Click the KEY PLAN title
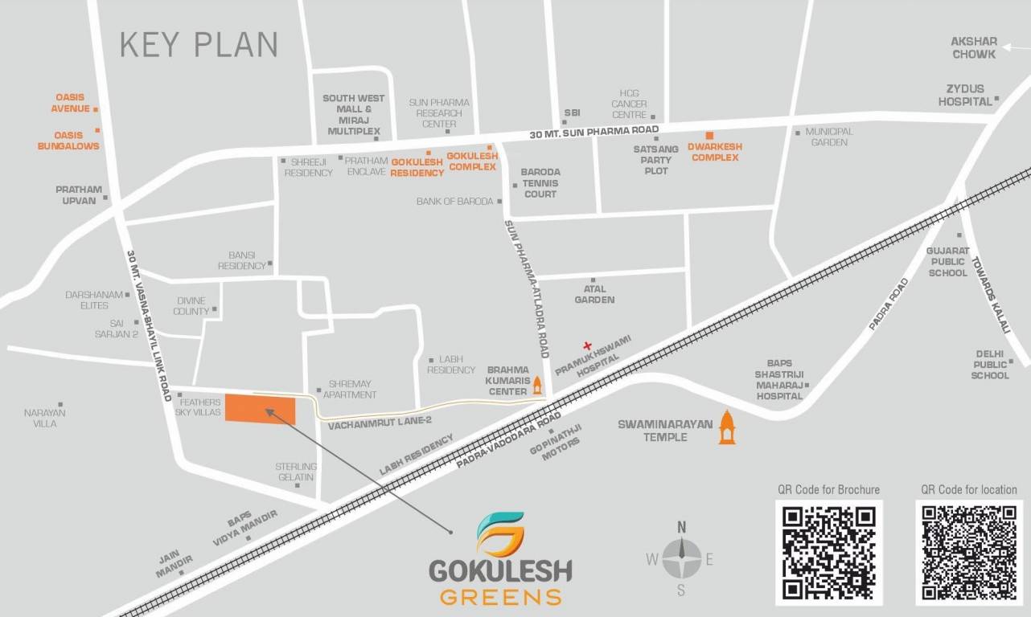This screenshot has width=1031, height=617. point(199,45)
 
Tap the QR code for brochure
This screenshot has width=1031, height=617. point(828,552)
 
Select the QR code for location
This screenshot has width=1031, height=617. point(969,552)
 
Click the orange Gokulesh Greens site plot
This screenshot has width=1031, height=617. point(260,409)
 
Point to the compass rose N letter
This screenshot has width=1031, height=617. point(681,527)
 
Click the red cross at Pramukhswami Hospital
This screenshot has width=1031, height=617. point(587,345)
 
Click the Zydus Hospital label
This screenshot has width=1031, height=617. point(965,96)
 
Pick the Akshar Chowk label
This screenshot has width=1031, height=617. point(974,47)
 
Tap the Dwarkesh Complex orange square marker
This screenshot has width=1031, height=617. point(709,135)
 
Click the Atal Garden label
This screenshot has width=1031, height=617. point(594,294)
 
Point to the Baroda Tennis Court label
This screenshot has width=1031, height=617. point(540,183)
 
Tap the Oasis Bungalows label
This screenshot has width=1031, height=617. point(68,141)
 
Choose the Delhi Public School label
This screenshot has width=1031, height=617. point(990,364)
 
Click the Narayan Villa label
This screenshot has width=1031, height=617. point(45,418)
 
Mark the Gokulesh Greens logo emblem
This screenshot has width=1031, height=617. point(499,534)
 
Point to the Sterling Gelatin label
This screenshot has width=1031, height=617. point(296,472)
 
